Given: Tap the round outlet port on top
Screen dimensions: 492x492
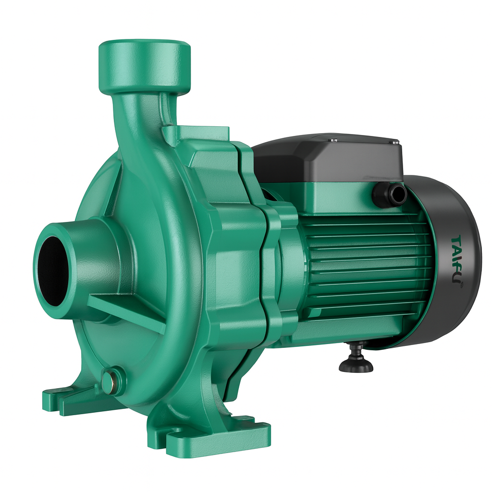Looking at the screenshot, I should click(144, 67).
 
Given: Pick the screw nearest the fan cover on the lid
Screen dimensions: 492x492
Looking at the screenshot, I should click(395, 142).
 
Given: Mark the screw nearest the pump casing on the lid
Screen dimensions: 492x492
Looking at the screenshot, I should click(333, 140).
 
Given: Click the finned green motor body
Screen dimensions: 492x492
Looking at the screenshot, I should click(365, 269).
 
